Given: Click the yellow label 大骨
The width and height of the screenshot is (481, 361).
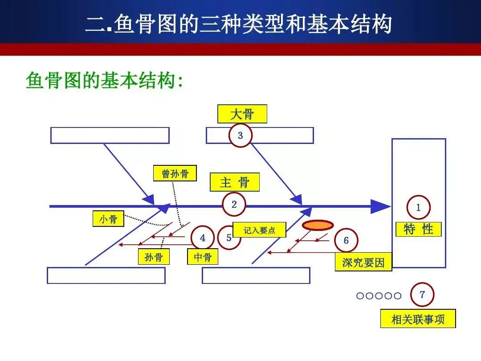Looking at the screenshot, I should click(x=242, y=114).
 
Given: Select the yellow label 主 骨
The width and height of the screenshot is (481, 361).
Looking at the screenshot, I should click(x=235, y=182).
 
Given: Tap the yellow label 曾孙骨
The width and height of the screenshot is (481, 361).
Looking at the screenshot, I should click(x=175, y=173).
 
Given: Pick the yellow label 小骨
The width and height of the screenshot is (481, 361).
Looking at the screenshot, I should click(x=108, y=219).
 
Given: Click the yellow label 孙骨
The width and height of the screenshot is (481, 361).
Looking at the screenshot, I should click(x=154, y=257).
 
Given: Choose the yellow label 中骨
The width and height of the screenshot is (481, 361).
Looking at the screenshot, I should click(x=203, y=257).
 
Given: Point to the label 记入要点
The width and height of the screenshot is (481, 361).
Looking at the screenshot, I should click(x=259, y=230).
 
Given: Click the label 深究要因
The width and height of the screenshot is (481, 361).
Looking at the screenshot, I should click(x=363, y=263).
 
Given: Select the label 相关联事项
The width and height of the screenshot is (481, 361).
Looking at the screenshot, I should click(x=418, y=319).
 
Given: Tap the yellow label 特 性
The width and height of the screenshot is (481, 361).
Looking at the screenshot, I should click(x=419, y=229).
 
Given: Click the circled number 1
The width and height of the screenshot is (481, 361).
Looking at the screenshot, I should click(x=418, y=207).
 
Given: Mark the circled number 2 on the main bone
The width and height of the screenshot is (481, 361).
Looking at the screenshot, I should click(x=234, y=205).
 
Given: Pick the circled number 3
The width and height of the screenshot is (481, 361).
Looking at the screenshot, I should click(x=240, y=135).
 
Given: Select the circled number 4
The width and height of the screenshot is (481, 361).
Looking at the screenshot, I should click(x=203, y=238).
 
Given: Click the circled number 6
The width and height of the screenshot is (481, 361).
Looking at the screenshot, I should click(x=346, y=241).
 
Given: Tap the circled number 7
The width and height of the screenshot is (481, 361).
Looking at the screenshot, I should click(x=422, y=295).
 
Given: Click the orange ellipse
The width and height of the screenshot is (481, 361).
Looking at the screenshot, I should click(x=317, y=226).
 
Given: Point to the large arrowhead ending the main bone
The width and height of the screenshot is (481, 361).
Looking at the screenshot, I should click(x=381, y=206).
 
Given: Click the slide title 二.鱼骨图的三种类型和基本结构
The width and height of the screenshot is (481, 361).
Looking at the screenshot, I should click(x=239, y=25).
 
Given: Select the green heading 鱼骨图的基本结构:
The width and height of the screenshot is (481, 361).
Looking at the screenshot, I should click(x=105, y=81).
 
